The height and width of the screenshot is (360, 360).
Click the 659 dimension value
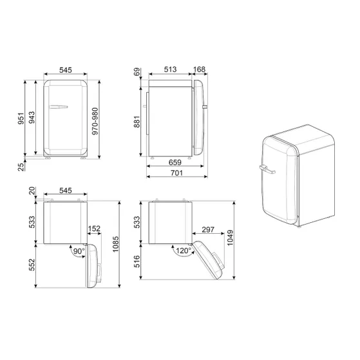175,163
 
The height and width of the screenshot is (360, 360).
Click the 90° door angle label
78,251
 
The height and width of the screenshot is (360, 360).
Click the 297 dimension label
207,229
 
